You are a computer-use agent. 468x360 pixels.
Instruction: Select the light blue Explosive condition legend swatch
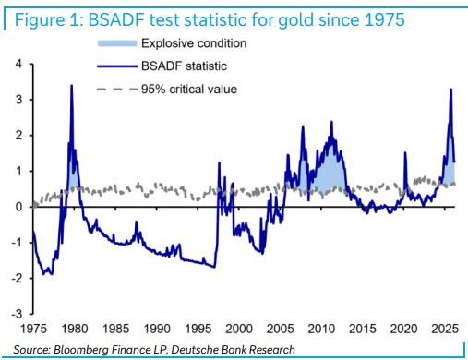[x=117, y=43]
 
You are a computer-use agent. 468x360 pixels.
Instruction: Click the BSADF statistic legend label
[x=184, y=66]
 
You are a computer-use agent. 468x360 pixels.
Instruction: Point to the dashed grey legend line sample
[x=117, y=90]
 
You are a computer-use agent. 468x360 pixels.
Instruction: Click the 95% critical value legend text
[x=189, y=90]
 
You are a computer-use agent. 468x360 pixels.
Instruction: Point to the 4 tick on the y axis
[x=19, y=65]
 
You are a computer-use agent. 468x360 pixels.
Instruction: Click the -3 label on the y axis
[x=17, y=314]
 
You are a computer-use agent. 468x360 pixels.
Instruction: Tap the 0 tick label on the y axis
[x=19, y=207]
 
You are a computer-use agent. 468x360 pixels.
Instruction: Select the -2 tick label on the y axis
[x=17, y=279]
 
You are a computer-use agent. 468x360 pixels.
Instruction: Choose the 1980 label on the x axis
[x=75, y=329]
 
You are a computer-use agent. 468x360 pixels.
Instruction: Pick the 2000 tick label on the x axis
[x=239, y=329]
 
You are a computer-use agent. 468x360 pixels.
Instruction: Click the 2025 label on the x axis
[x=445, y=329]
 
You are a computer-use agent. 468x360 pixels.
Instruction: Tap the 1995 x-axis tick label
[x=198, y=329]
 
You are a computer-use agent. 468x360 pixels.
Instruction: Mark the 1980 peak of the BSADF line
[x=72, y=85]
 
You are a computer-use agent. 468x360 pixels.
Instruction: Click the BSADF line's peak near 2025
[x=451, y=89]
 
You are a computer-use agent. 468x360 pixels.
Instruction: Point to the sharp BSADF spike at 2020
[x=405, y=152]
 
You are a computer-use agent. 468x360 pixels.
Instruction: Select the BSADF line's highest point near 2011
[x=331, y=121]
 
